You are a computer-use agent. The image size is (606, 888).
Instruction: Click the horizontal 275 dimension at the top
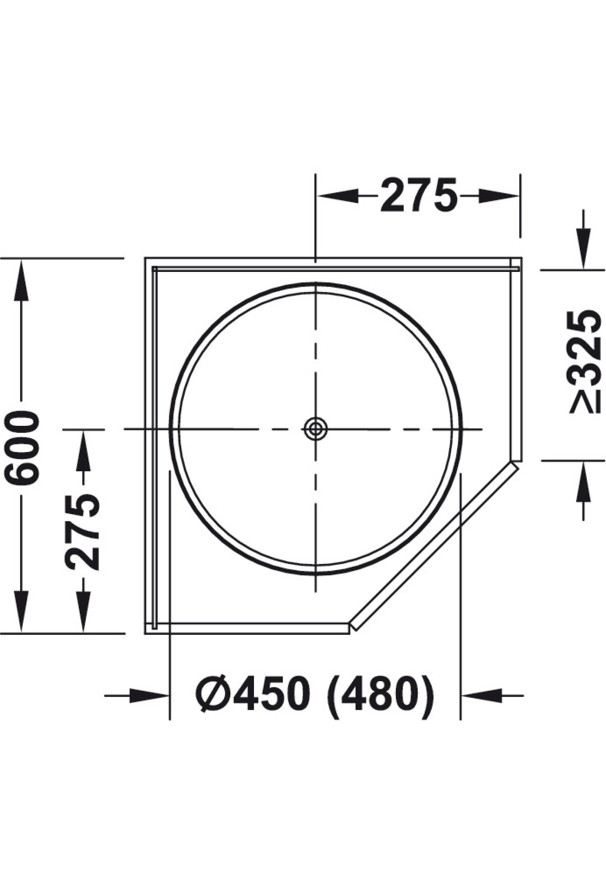(x=419, y=195)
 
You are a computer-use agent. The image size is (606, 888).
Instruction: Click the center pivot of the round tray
(x=316, y=429)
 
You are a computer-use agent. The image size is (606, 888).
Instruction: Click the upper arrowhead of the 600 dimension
(x=21, y=279)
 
